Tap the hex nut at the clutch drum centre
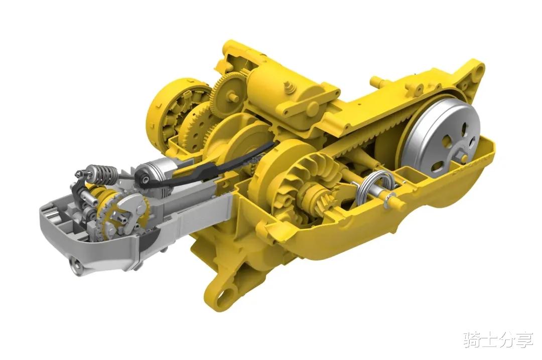coord(461,156)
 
